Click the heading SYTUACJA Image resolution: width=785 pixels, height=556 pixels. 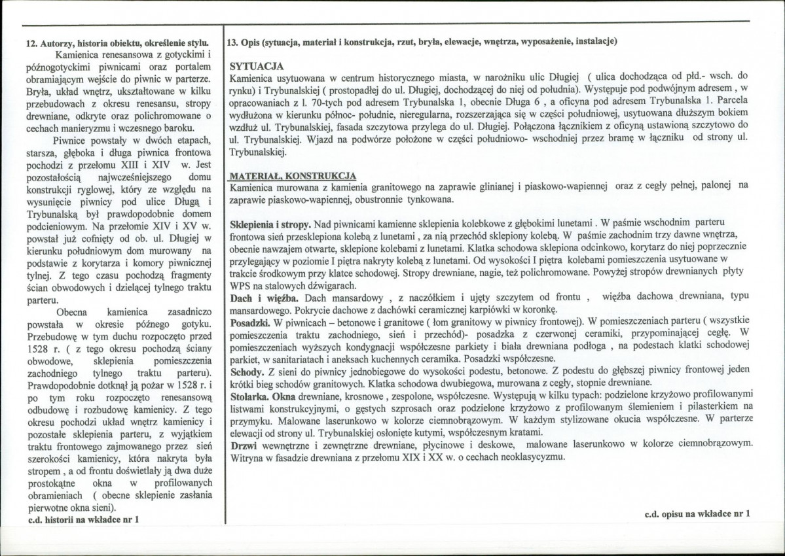pos(257,67)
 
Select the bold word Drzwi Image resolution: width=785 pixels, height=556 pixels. pos(244,444)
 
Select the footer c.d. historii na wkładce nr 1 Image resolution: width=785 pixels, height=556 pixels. pos(84,519)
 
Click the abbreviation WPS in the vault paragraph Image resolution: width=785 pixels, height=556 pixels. pos(241,286)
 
